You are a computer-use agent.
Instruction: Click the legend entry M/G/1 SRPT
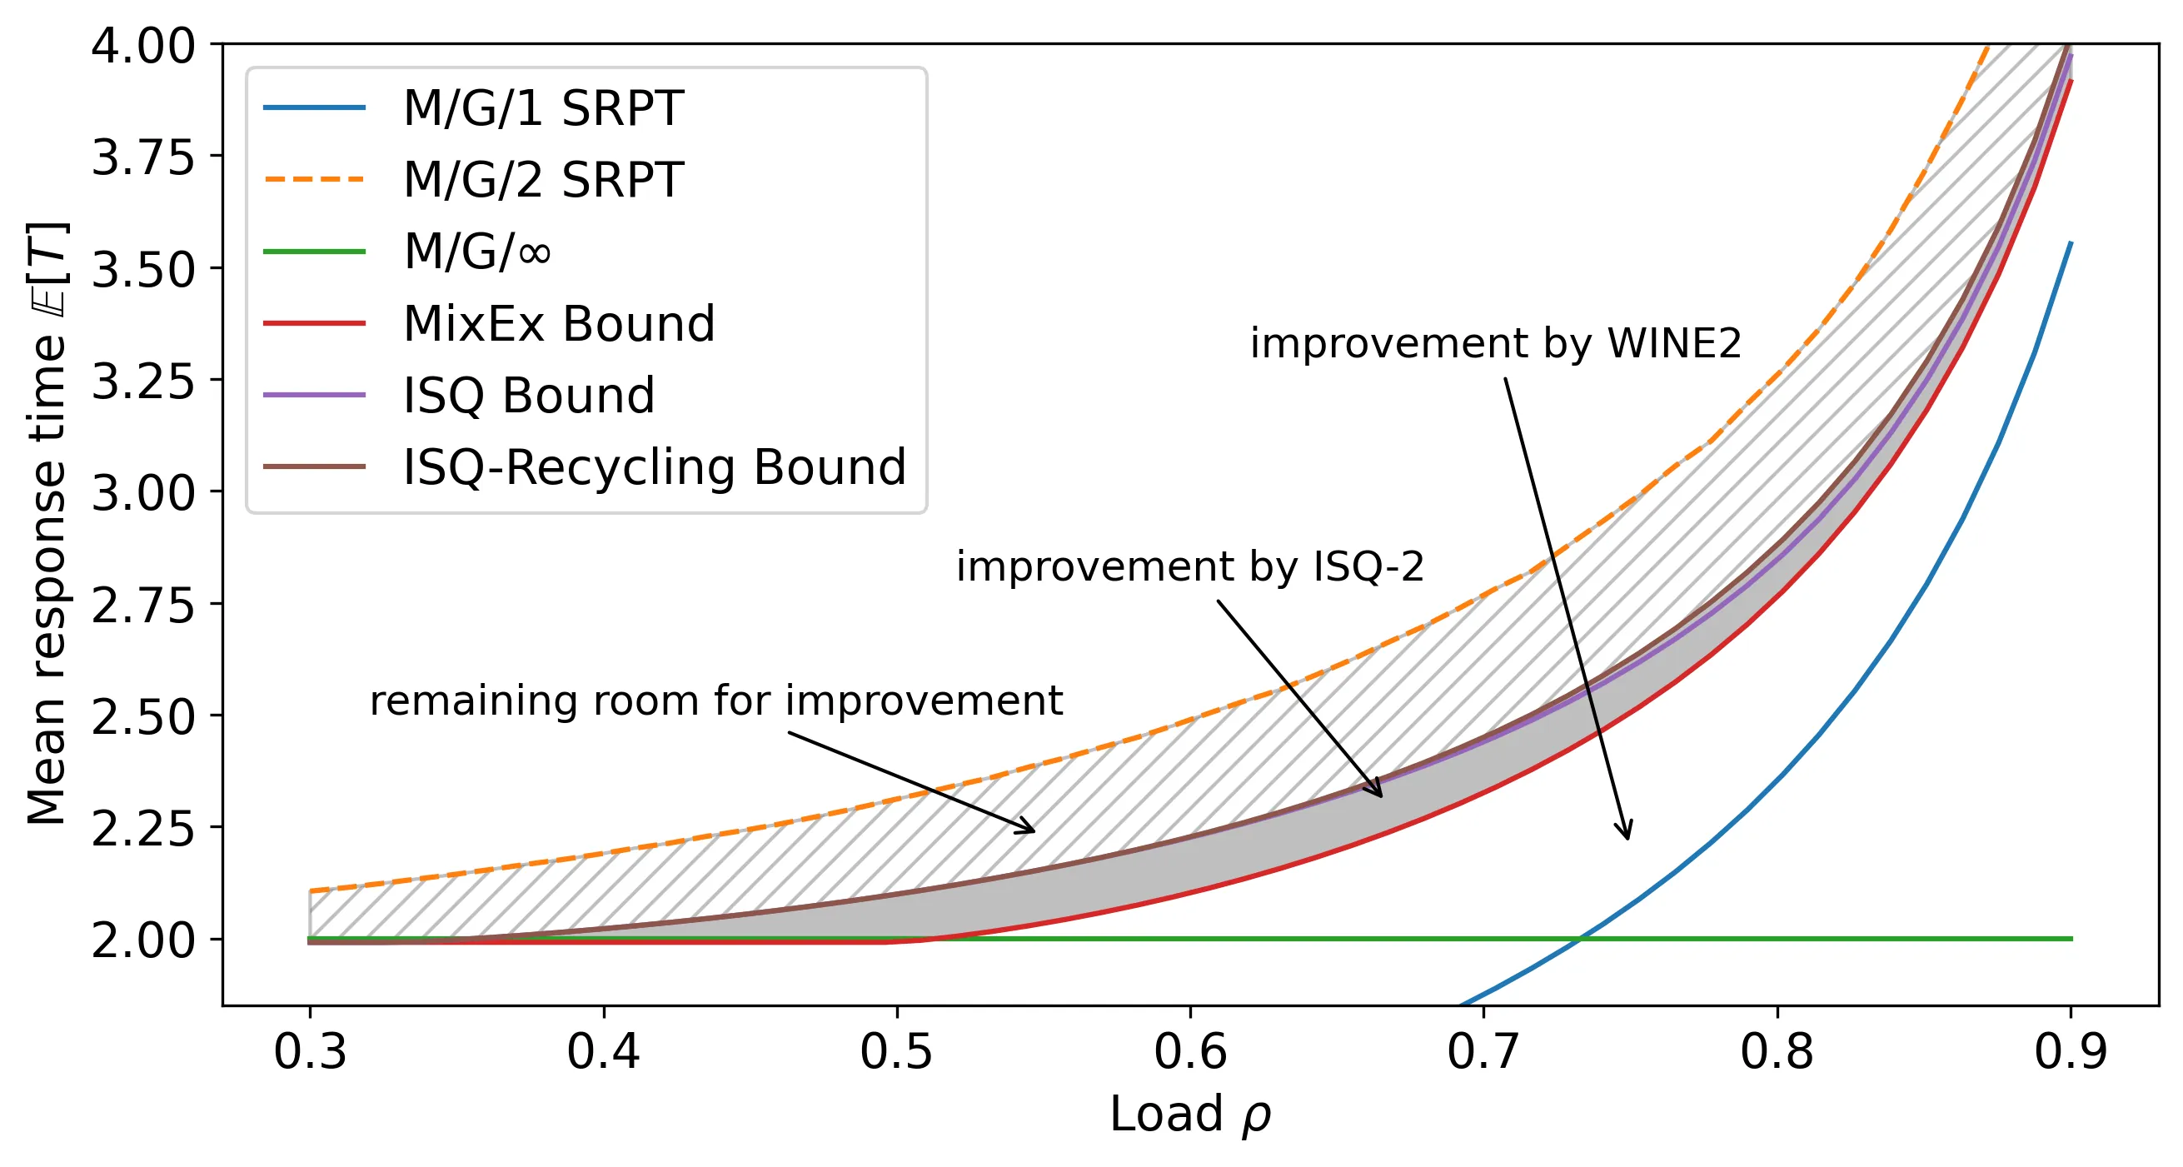(x=542, y=108)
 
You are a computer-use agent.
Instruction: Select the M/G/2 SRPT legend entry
(x=542, y=180)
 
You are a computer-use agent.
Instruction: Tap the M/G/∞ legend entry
(x=476, y=252)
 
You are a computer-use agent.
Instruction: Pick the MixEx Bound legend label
(x=559, y=324)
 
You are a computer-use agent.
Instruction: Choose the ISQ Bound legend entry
(x=529, y=396)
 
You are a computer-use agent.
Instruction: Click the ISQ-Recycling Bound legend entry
(x=654, y=467)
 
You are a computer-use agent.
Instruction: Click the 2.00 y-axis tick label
(x=143, y=940)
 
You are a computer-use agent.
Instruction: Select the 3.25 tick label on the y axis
(x=143, y=382)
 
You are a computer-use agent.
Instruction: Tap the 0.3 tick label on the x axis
(x=310, y=1052)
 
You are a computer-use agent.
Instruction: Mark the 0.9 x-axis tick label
(x=2071, y=1052)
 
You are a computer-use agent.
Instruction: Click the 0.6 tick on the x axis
(x=1191, y=1052)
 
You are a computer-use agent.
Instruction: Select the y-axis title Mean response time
(x=47, y=524)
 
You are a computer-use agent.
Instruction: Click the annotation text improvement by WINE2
(x=1496, y=344)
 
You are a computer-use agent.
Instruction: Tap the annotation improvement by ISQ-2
(x=1191, y=566)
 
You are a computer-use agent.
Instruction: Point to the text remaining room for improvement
(x=716, y=701)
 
